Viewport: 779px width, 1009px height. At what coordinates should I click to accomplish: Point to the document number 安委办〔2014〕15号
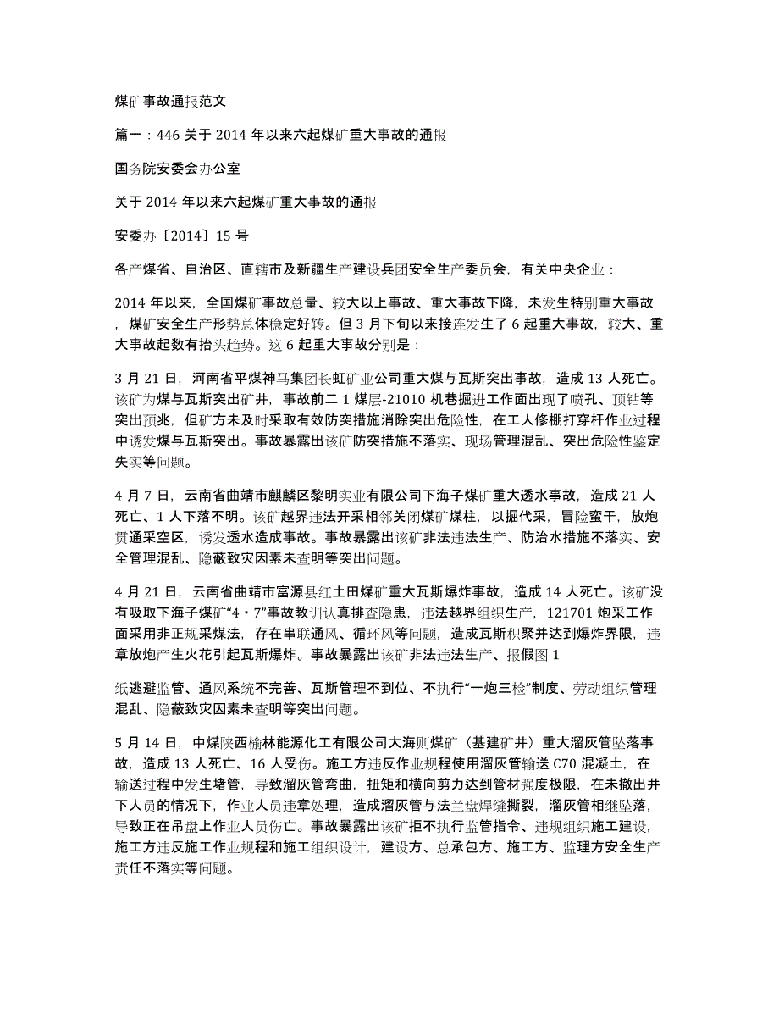pos(191,236)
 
